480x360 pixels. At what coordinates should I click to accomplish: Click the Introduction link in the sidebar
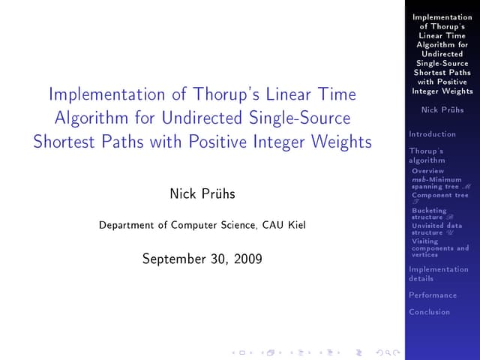point(432,134)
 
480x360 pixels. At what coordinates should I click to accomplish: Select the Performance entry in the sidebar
point(433,295)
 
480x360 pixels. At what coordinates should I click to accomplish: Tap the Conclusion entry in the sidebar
point(430,312)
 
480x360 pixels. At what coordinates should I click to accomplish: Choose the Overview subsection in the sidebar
point(427,171)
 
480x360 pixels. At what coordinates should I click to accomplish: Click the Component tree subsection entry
point(439,196)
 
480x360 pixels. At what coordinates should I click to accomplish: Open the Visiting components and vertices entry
point(439,248)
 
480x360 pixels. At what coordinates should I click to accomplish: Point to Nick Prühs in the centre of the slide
point(202,194)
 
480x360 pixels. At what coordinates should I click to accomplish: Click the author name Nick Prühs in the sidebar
point(442,110)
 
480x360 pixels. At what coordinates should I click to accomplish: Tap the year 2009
point(247,259)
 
